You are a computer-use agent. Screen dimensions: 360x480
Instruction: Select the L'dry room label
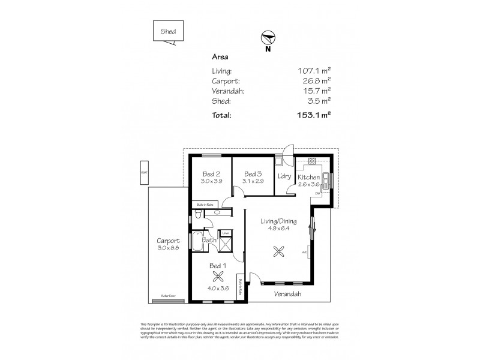[x=284, y=176]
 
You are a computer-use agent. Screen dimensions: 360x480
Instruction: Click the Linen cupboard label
[x=226, y=233]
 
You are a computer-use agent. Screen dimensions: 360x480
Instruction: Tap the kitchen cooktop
[x=312, y=161]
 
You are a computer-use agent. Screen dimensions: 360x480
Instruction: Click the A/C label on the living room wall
[x=305, y=252]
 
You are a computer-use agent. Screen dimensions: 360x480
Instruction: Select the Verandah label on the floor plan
[x=288, y=294]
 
